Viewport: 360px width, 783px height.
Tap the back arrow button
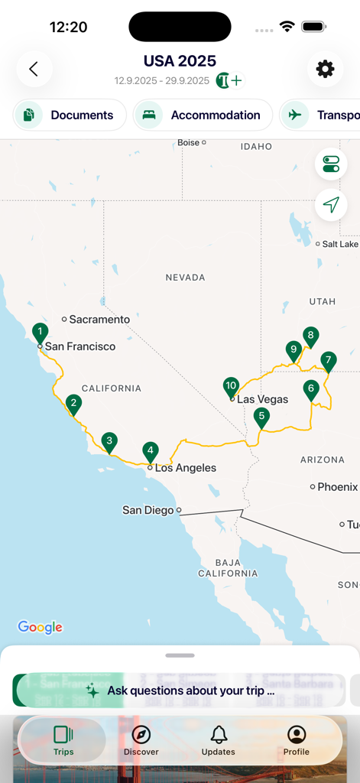point(34,69)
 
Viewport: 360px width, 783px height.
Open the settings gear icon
point(325,69)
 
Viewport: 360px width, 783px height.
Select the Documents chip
point(70,115)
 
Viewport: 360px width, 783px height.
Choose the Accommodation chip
point(203,115)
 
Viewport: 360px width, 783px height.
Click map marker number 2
point(73,403)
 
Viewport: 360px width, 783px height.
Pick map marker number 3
point(109,441)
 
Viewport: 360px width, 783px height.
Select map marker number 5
point(261,417)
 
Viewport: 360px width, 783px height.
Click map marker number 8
point(310,336)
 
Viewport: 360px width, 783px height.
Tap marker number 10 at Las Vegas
point(231,386)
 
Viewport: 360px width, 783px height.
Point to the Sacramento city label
point(99,320)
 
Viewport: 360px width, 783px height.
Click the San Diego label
point(148,510)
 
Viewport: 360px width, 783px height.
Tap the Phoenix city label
point(337,487)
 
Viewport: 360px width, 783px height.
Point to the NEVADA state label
point(185,278)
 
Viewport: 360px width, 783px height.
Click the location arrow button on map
point(331,205)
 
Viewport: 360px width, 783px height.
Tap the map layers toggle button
point(331,164)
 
